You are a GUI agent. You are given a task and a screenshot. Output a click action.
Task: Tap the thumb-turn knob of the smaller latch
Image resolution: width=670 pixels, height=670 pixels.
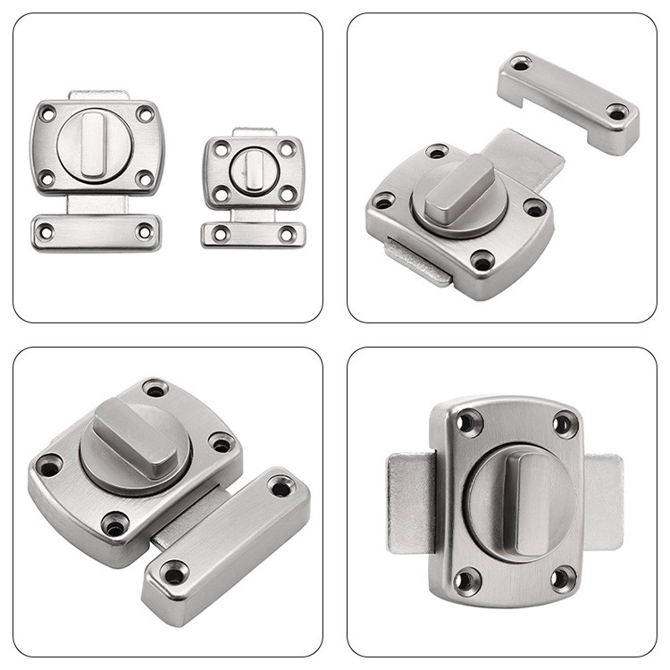click(x=254, y=165)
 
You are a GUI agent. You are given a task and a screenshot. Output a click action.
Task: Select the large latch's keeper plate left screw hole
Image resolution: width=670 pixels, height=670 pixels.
click(x=45, y=231)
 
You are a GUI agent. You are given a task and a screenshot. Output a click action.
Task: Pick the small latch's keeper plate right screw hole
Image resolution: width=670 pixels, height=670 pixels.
click(x=288, y=234)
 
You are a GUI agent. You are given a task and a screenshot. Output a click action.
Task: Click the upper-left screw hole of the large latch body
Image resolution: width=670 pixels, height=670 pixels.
click(x=47, y=113)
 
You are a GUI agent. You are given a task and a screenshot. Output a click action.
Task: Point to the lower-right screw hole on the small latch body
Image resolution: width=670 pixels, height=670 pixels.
click(x=287, y=194)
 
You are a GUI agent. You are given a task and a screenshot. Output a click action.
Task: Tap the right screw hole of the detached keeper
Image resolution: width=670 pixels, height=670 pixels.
click(x=616, y=112)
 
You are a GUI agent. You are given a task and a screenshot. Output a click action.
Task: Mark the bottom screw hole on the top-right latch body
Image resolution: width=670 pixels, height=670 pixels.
click(x=482, y=262)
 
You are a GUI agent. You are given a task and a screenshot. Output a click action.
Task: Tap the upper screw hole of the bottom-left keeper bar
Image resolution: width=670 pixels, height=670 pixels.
click(x=281, y=486)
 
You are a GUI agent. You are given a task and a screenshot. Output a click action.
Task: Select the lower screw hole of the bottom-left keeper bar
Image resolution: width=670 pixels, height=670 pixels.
click(x=175, y=573)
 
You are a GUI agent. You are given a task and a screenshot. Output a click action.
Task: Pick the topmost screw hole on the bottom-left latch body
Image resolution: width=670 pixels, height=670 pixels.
click(x=155, y=389)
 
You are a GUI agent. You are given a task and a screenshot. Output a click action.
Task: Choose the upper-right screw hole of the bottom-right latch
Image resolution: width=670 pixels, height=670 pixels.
click(x=565, y=423)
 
